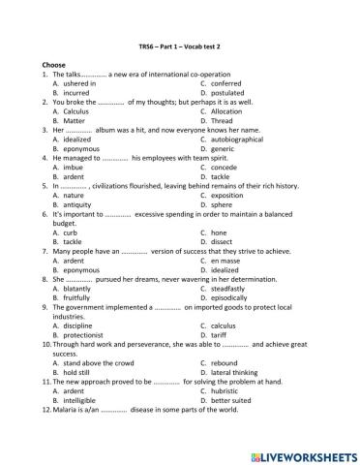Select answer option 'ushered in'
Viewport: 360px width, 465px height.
[x=71, y=84]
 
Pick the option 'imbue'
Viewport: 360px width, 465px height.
[x=64, y=168]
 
